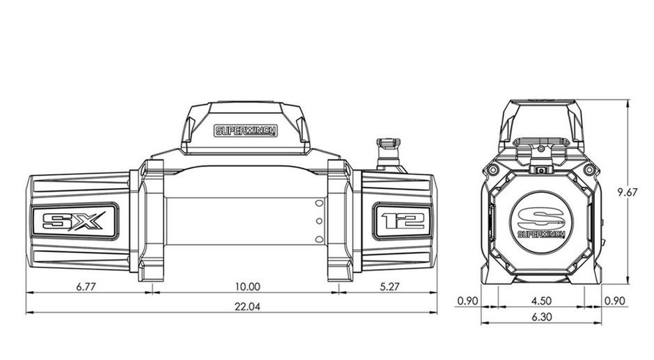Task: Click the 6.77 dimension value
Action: click(87, 286)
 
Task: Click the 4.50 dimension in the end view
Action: click(541, 301)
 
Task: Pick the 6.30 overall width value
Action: click(541, 317)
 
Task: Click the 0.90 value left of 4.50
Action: click(467, 301)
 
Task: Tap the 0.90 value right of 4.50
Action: click(615, 301)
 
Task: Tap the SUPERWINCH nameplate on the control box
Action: click(245, 131)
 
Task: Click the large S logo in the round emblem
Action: click(541, 215)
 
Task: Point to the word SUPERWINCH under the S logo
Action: click(541, 234)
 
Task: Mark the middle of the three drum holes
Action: click(318, 221)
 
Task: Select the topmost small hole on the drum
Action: click(318, 203)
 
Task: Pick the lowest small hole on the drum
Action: click(318, 240)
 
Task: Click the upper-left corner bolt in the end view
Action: click(493, 171)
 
